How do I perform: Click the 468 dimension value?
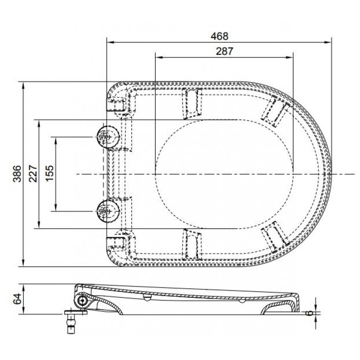220,36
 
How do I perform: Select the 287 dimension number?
225,51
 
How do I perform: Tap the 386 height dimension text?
17,174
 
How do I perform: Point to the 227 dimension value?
33,174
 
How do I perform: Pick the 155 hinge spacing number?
49,174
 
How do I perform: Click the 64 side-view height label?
17,299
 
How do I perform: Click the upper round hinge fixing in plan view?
108,137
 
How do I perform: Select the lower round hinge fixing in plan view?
108,211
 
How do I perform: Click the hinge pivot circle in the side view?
82,300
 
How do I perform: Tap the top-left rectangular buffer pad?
192,103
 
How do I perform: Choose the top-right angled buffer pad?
276,111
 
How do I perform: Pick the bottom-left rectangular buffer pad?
192,244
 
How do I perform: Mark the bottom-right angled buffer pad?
276,237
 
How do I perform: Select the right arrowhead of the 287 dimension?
290,57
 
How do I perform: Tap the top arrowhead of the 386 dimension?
23,86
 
